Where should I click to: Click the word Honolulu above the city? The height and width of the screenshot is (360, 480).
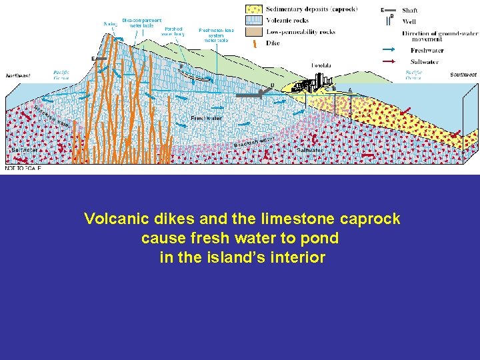tap(323, 65)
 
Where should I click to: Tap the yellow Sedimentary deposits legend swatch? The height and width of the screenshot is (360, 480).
tap(255, 9)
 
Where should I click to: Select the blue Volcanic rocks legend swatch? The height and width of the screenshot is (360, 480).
tap(255, 20)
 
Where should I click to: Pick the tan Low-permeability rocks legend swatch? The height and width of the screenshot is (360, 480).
tap(255, 31)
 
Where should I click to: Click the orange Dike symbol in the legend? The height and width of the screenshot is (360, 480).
tap(255, 43)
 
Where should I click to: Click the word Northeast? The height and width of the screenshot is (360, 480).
tap(18, 76)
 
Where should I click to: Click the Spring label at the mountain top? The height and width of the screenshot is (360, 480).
tap(110, 24)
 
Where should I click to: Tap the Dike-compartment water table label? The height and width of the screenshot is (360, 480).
tap(141, 23)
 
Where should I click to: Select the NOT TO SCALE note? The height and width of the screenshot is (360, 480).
tap(23, 169)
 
